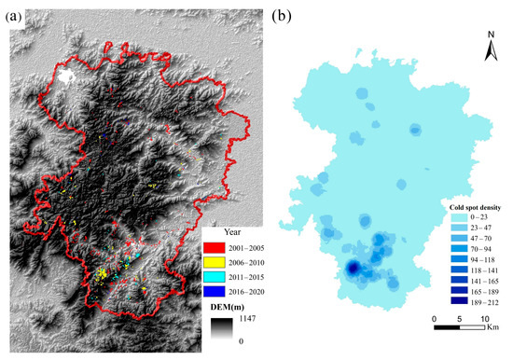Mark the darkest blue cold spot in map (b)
[354, 269]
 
